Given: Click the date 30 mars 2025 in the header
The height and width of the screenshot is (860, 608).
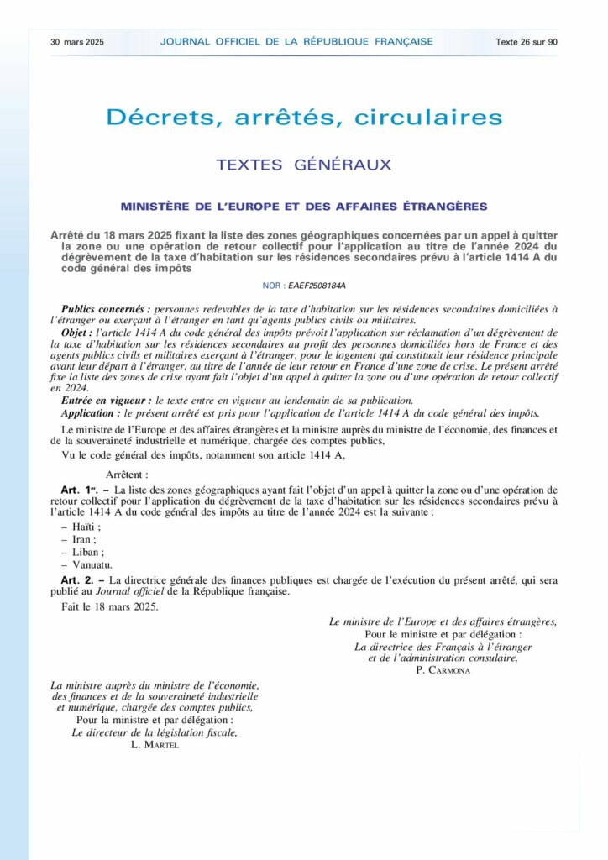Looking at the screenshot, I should tap(76, 41).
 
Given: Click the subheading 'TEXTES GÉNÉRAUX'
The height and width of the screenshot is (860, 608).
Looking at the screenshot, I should tap(304, 165).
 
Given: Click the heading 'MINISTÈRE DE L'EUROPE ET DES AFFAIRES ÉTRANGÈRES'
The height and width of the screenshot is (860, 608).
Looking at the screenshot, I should tap(304, 207).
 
